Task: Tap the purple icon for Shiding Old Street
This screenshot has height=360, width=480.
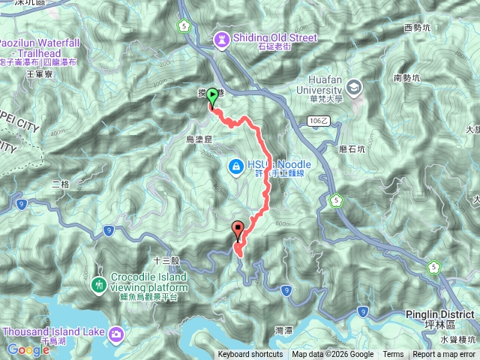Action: click(221, 37)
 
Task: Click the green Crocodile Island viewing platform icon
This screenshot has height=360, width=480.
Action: click(98, 285)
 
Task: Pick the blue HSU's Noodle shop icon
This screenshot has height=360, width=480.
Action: click(235, 165)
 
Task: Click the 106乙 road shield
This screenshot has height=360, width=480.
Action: click(318, 120)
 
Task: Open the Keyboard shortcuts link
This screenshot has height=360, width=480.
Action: click(250, 355)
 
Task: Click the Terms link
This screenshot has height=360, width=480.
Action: click(393, 355)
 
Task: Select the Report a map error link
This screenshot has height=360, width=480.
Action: click(444, 355)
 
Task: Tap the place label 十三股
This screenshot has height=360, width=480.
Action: click(166, 260)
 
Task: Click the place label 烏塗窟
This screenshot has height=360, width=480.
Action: click(199, 139)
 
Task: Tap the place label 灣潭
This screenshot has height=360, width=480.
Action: click(284, 330)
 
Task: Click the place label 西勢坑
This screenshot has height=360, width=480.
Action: click(418, 28)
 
